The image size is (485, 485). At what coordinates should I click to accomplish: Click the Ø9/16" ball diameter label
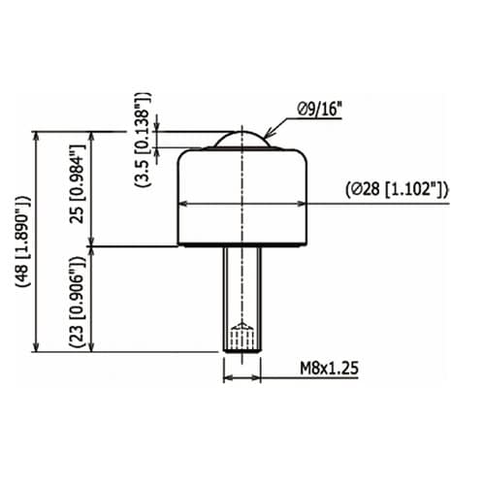(319, 109)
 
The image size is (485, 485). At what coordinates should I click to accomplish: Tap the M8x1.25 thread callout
(329, 368)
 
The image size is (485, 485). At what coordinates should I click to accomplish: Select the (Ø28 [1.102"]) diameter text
(397, 190)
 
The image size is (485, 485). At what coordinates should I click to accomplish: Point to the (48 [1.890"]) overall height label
(23, 242)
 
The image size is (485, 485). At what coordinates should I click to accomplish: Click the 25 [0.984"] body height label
(78, 183)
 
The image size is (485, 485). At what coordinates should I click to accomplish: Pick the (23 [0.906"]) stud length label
(78, 302)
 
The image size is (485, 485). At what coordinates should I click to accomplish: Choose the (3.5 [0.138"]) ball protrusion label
(143, 140)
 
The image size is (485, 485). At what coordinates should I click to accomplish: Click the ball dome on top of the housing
(242, 140)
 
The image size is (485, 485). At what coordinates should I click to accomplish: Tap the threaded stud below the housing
(242, 300)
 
